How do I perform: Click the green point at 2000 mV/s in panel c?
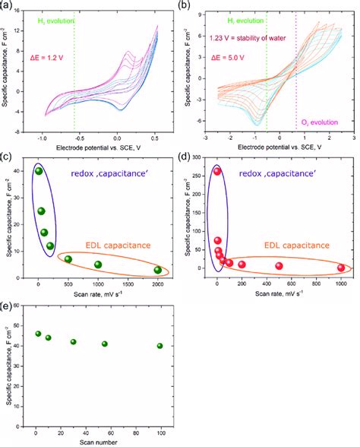click(157, 270)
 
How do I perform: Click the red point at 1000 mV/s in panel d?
click(341, 268)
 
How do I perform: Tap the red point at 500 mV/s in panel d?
click(279, 266)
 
